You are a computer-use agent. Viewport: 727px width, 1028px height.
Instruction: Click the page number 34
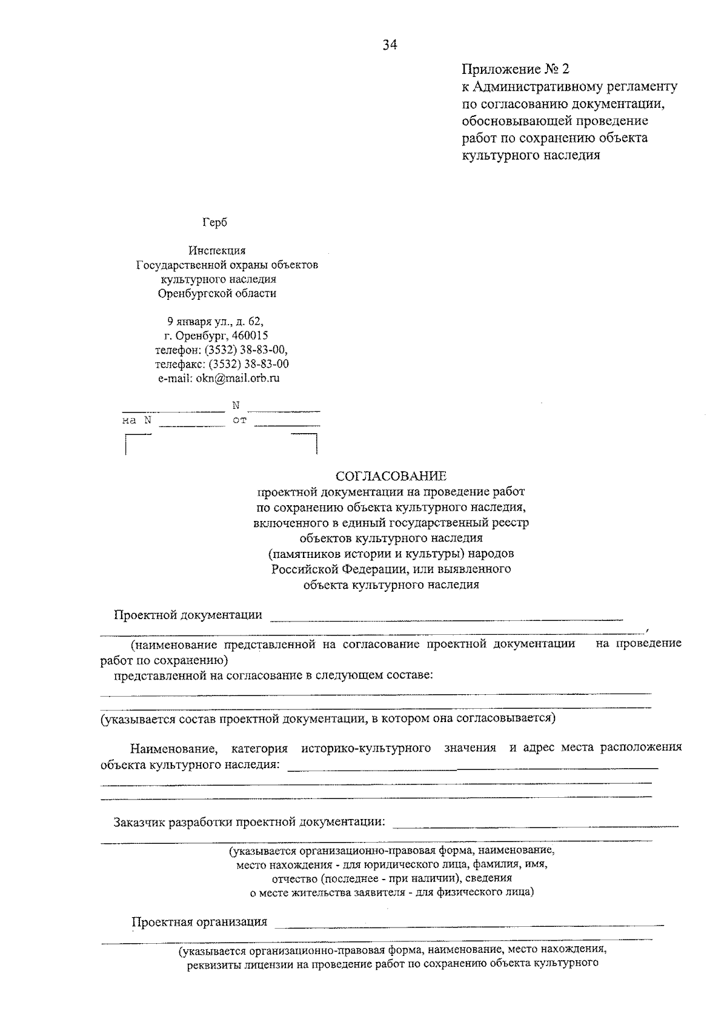point(390,45)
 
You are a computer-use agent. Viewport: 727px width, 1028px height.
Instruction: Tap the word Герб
point(215,222)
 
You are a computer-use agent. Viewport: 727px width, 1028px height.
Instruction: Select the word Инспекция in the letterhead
point(217,250)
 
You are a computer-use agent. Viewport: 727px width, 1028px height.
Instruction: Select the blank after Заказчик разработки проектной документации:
point(536,825)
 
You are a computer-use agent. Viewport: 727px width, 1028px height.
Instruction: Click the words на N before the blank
point(136,420)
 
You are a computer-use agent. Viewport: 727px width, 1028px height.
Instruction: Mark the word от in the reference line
point(239,420)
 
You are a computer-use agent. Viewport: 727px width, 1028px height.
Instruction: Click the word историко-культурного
point(366,748)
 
